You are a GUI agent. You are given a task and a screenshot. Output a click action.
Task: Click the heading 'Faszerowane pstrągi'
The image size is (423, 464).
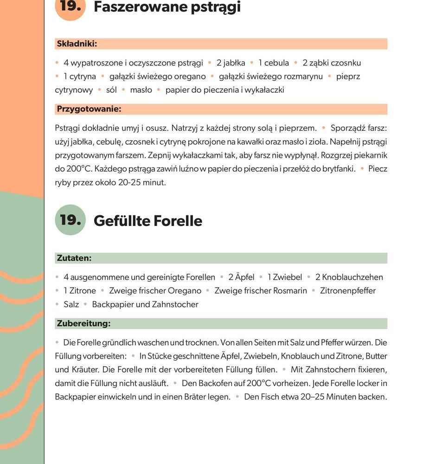click(x=167, y=7)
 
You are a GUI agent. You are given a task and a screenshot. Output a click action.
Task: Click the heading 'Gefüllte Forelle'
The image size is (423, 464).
click(x=148, y=221)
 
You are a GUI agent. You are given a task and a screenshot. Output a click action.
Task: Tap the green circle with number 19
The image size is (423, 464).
click(x=70, y=219)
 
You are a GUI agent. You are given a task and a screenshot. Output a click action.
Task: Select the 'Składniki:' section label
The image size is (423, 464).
click(x=77, y=44)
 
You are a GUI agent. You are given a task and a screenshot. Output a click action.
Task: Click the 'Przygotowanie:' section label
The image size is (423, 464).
click(x=89, y=110)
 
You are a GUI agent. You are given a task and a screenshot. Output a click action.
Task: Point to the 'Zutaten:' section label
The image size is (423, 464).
click(x=74, y=258)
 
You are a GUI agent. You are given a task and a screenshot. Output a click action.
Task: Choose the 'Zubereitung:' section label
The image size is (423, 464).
click(x=83, y=323)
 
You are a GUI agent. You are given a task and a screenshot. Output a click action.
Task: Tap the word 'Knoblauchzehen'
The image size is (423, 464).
click(x=352, y=277)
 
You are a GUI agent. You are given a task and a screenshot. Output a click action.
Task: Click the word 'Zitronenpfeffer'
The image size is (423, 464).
click(x=348, y=290)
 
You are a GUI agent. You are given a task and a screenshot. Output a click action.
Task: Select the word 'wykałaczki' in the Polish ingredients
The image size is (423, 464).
click(x=264, y=90)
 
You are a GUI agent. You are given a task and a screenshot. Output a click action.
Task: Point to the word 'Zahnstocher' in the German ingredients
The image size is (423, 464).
click(x=175, y=304)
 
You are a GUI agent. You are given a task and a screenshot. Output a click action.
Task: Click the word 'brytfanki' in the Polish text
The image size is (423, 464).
click(x=338, y=169)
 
